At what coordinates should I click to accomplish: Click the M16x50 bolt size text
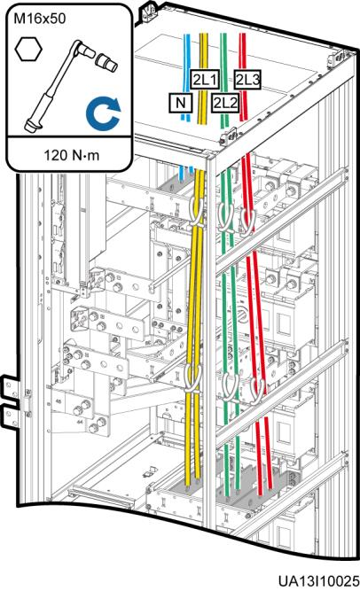pos(40,19)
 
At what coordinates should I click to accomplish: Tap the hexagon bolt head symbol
pos(28,49)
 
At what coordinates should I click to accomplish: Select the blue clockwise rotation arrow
pos(103,113)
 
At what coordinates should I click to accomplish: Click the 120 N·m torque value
pos(72,155)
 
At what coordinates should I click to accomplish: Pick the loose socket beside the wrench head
pos(106,63)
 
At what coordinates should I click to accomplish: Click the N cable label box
pos(181,103)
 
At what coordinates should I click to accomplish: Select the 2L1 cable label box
pos(205,79)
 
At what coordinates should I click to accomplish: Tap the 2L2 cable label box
pos(225,103)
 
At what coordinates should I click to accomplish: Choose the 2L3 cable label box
pos(247,79)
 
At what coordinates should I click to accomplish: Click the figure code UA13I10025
pos(319,581)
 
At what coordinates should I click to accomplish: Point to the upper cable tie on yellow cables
pos(195,214)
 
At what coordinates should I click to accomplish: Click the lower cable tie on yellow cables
pos(194,379)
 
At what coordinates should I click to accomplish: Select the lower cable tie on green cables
pos(230,386)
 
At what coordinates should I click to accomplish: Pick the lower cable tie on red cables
pos(257,392)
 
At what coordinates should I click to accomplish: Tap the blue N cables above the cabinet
pos(185,77)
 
